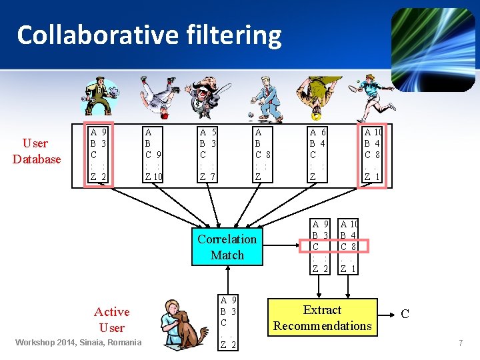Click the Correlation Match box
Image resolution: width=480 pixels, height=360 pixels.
[227, 247]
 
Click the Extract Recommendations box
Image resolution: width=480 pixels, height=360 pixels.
[322, 317]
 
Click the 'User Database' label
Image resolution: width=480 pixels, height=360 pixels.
[36, 151]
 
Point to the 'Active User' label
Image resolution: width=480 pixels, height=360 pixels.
[111, 319]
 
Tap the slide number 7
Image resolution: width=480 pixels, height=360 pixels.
[460, 343]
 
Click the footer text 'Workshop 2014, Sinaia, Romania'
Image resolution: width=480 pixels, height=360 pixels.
[79, 343]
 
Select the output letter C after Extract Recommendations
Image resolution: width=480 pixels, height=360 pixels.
[405, 314]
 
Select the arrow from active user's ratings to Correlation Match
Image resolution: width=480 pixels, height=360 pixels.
[228, 280]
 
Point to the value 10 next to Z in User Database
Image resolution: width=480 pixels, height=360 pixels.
[157, 177]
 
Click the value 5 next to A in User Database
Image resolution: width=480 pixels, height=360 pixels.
[213, 132]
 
